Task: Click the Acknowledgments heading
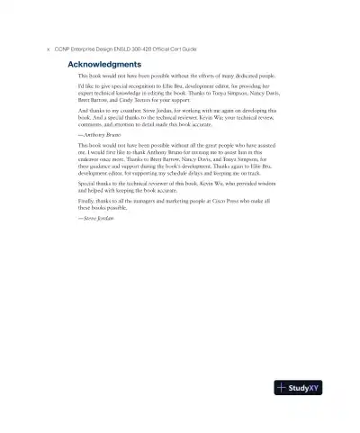coord(103,65)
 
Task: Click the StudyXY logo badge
coord(298,389)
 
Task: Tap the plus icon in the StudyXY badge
coord(283,389)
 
